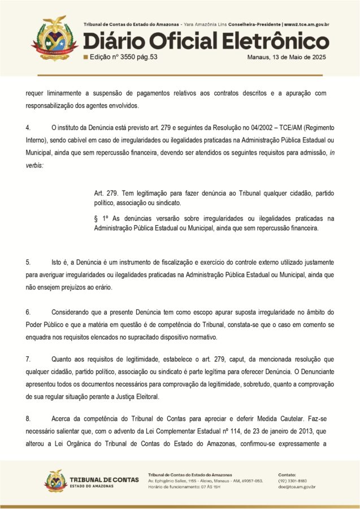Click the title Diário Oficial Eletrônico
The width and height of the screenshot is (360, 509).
click(206, 41)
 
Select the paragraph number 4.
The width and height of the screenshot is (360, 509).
click(28, 127)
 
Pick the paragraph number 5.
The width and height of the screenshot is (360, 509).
click(28, 262)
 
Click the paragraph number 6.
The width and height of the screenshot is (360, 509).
click(28, 312)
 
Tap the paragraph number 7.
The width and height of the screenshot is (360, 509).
click(28, 359)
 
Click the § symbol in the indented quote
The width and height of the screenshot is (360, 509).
click(97, 218)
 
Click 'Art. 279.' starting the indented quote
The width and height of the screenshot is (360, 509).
click(106, 193)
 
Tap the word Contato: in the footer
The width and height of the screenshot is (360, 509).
click(288, 473)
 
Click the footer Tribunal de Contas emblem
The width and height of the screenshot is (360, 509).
click(55, 480)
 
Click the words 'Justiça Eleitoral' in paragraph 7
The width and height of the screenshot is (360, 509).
click(137, 396)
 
